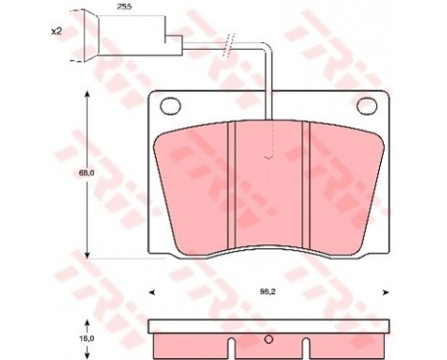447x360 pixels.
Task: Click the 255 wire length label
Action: tap(123, 8)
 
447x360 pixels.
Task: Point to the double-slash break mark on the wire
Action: tap(228, 44)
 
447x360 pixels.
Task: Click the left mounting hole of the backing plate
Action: tap(169, 107)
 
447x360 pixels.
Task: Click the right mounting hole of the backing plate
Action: tap(365, 107)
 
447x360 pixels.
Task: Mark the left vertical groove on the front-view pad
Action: tap(231, 188)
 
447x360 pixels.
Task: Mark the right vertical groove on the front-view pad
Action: tap(303, 188)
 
